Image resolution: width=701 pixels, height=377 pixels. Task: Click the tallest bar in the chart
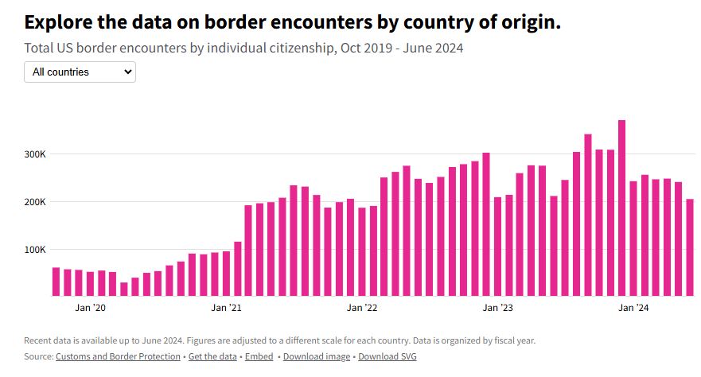pyautogui.click(x=621, y=208)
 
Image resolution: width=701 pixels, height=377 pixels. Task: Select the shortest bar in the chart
pyautogui.click(x=124, y=290)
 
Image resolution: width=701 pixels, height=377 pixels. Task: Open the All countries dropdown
pyautogui.click(x=80, y=72)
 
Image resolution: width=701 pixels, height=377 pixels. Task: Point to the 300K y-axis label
pyautogui.click(x=35, y=154)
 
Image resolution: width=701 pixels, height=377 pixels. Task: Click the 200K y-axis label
pyautogui.click(x=35, y=202)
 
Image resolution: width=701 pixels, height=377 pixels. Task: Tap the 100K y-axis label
pyautogui.click(x=35, y=250)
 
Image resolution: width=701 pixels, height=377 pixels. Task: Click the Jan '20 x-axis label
pyautogui.click(x=90, y=308)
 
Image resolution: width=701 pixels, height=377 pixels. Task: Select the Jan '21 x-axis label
pyautogui.click(x=226, y=308)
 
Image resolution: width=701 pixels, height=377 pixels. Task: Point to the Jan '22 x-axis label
pyautogui.click(x=362, y=308)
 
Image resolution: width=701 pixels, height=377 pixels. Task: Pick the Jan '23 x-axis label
pyautogui.click(x=497, y=308)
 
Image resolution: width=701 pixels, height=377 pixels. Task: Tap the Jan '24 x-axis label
pyautogui.click(x=633, y=308)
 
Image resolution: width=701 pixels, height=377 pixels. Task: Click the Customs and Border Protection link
pyautogui.click(x=118, y=356)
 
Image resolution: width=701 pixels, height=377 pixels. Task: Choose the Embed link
pyautogui.click(x=259, y=356)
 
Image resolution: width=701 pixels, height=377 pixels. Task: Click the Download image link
pyautogui.click(x=317, y=356)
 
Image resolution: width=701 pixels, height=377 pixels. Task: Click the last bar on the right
pyautogui.click(x=690, y=247)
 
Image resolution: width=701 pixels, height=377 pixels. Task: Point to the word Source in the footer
pyautogui.click(x=38, y=356)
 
